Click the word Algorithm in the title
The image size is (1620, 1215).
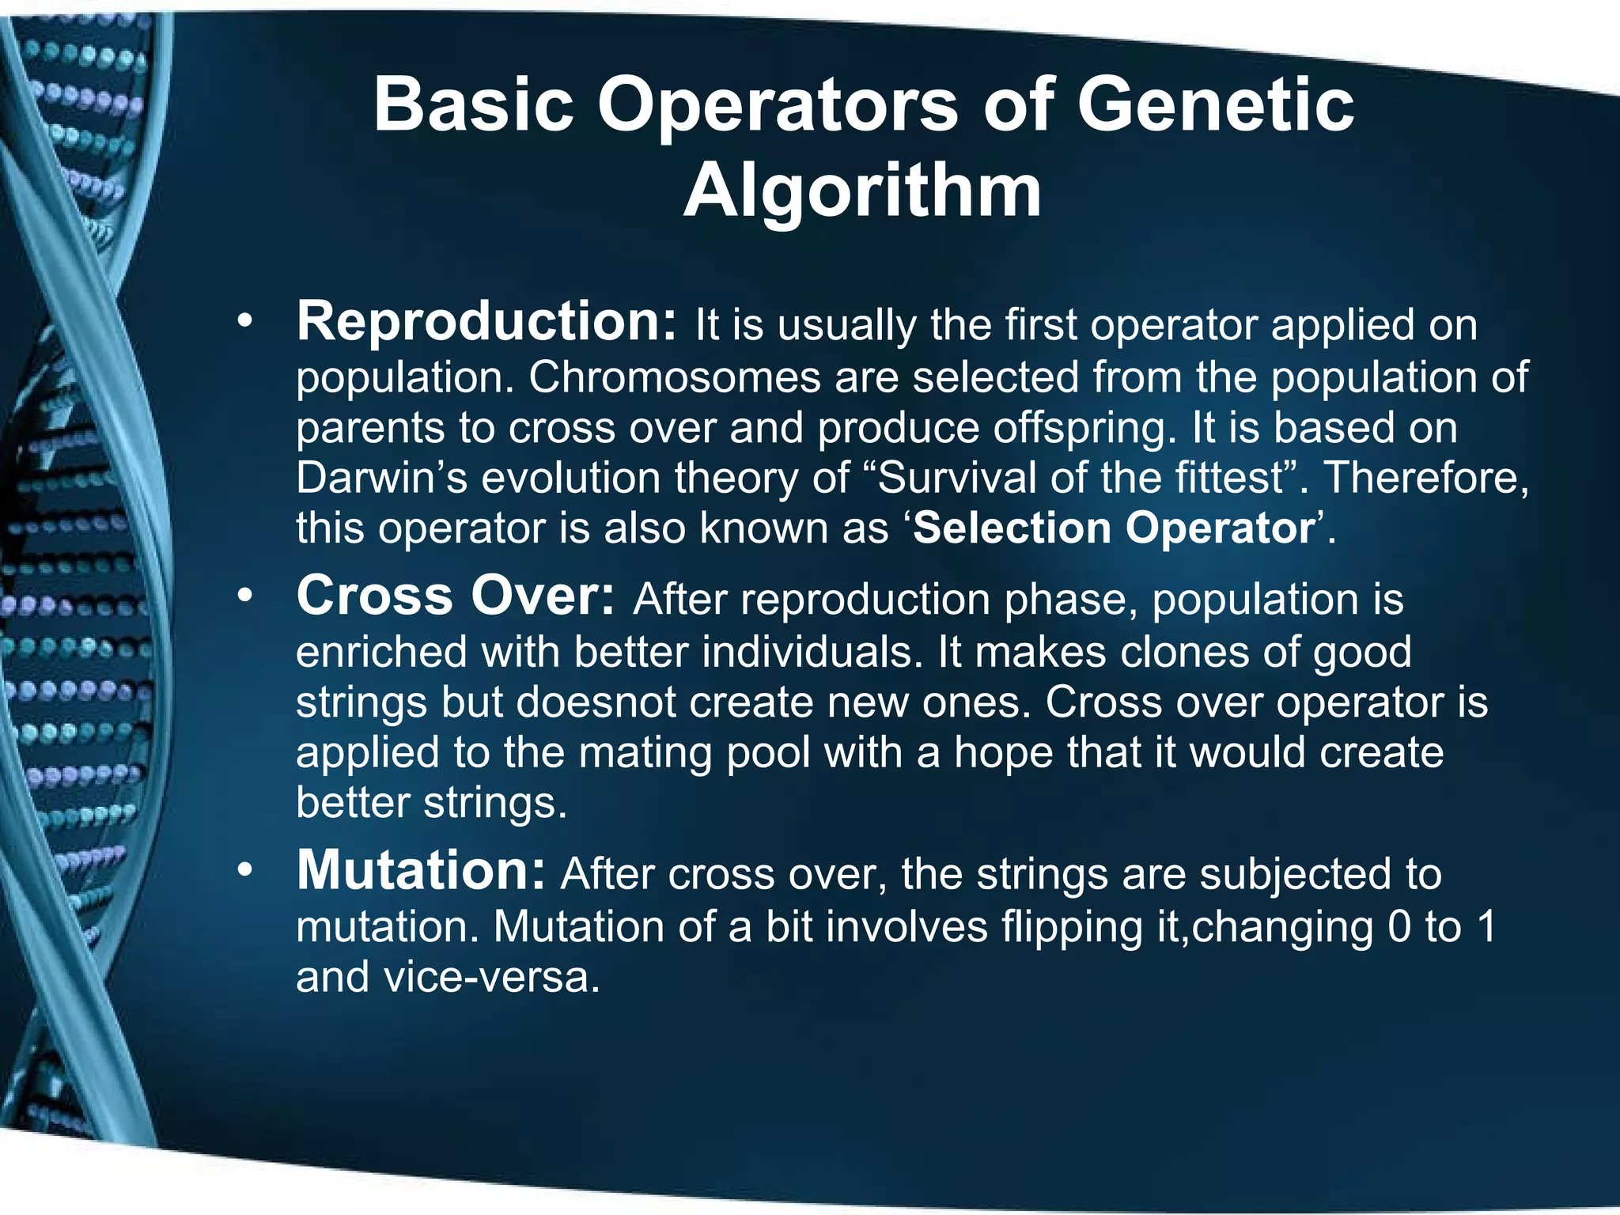862,191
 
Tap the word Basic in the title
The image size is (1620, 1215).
473,104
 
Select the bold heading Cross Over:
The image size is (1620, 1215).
455,596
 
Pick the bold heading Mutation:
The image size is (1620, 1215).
421,871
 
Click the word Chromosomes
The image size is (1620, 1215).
674,377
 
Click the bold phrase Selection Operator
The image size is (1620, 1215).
1113,528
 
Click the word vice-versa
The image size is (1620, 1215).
491,977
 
